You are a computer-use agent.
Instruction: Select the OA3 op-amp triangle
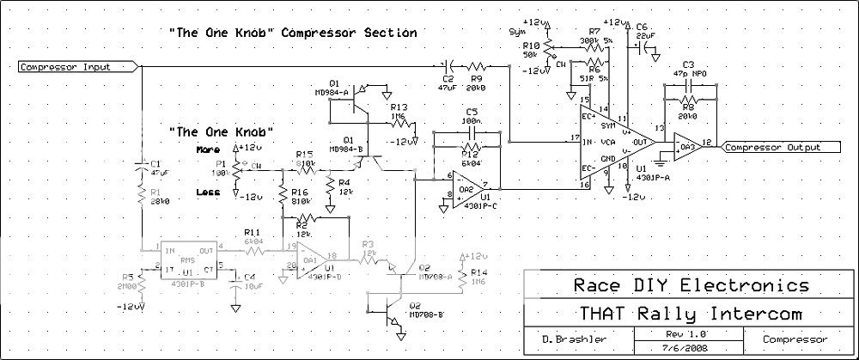(687, 147)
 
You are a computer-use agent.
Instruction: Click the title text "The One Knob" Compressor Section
(293, 33)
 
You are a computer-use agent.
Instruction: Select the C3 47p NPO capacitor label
(687, 70)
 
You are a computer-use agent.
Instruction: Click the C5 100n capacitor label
(470, 118)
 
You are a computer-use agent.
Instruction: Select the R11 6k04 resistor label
(252, 238)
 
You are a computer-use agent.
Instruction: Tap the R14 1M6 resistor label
(472, 276)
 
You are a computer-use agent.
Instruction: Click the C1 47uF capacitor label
(155, 167)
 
